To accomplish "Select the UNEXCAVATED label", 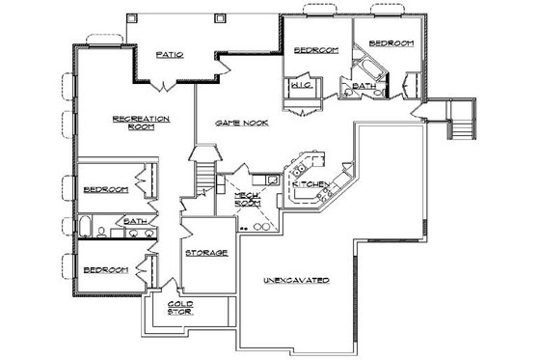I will pyautogui.click(x=296, y=280).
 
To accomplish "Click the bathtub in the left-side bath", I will pyautogui.click(x=84, y=230).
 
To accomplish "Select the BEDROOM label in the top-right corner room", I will pyautogui.click(x=392, y=43).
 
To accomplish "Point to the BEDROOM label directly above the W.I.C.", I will pyautogui.click(x=313, y=50).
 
